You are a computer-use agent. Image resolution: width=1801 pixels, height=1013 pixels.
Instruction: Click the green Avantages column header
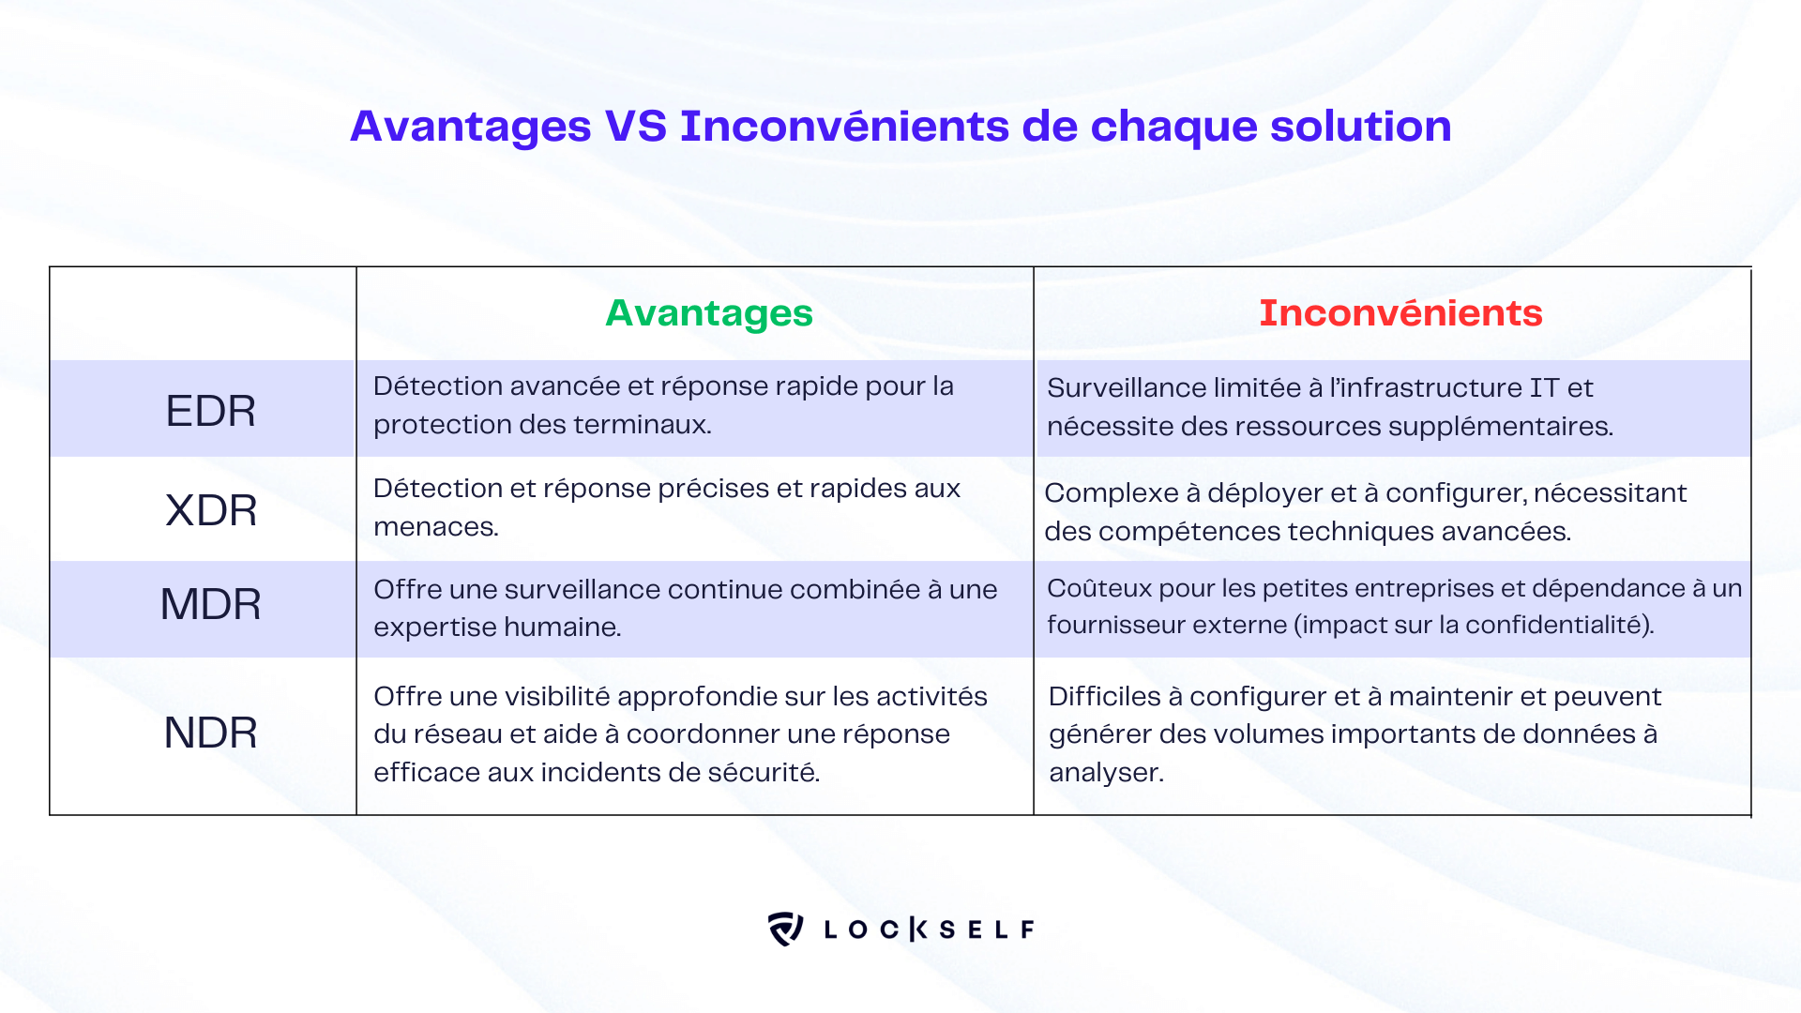pos(709,314)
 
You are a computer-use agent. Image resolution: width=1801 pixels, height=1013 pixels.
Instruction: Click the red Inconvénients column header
pos(1400,313)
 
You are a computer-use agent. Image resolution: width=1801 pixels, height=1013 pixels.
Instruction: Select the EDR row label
pos(210,411)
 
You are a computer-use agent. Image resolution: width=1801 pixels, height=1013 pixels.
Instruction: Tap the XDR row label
pos(211,510)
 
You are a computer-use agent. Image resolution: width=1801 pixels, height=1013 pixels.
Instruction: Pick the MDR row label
pos(211,604)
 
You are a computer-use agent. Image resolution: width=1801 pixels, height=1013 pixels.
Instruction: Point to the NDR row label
pos(210,733)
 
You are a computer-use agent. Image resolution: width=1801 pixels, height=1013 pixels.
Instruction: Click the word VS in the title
pos(636,126)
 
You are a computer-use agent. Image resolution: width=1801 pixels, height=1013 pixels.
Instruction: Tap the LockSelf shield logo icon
pos(785,929)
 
